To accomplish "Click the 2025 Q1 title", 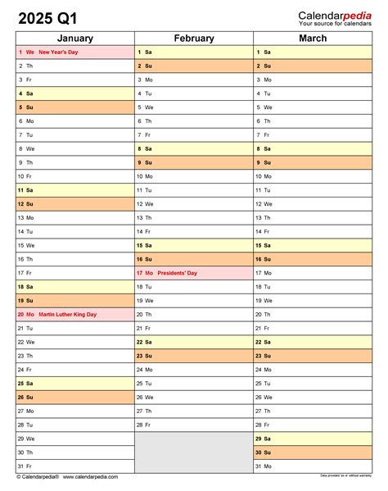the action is click(52, 16).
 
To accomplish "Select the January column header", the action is click(75, 39).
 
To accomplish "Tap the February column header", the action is click(194, 39).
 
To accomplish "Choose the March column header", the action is click(313, 39).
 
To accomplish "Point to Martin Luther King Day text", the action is click(67, 314).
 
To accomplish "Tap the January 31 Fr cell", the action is click(75, 466).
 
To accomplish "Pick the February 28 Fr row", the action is click(194, 425).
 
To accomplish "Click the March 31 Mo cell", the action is click(313, 466).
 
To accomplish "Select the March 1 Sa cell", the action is click(313, 52).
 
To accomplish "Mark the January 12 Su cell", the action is click(75, 204).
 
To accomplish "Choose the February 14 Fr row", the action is click(194, 231).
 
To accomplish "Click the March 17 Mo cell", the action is click(313, 273).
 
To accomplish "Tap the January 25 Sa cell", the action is click(75, 383).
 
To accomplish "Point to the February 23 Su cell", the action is click(194, 356).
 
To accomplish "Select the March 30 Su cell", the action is click(313, 452).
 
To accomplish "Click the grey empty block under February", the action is click(194, 452).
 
